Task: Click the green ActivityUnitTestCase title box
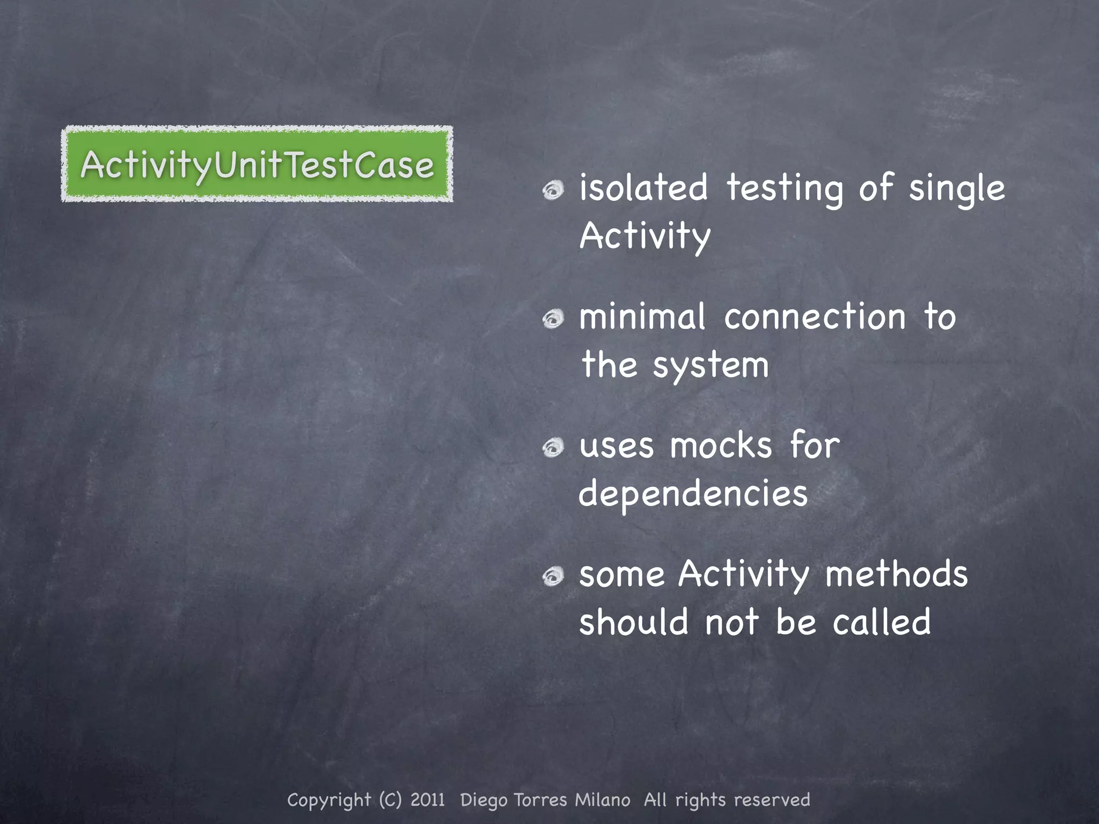point(257,164)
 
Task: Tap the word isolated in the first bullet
point(643,189)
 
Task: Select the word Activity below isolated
point(645,236)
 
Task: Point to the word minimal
point(642,317)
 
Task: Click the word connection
point(815,317)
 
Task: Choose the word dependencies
point(693,494)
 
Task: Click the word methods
point(896,574)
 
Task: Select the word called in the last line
point(882,622)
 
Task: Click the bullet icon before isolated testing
point(553,190)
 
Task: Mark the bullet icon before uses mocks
point(553,448)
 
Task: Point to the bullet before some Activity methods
point(553,577)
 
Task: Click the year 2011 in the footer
point(428,800)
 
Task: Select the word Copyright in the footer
point(329,800)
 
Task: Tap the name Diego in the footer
point(483,800)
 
